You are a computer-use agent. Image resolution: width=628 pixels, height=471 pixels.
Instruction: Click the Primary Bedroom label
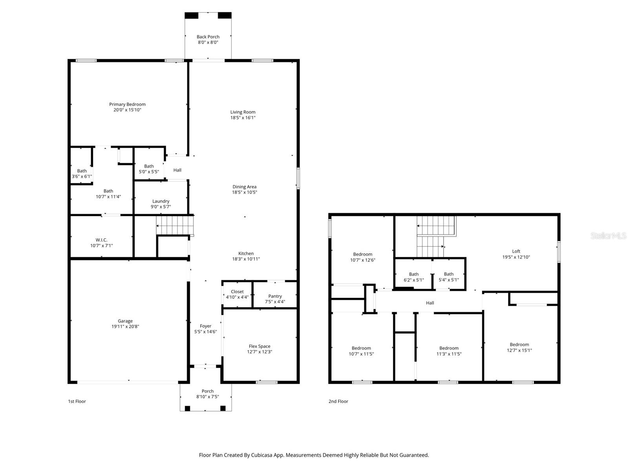127,104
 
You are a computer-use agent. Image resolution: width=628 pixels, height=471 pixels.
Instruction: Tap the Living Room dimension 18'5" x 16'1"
243,118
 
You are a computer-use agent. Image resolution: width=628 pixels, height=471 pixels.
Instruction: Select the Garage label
125,321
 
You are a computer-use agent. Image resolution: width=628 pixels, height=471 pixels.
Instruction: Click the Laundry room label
161,201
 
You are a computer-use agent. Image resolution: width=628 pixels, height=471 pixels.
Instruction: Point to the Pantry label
275,296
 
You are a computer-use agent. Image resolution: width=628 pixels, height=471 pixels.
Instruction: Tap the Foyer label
205,326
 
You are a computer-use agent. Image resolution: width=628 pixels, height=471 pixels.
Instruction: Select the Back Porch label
208,37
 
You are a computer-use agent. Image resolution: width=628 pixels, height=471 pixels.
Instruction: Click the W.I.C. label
101,240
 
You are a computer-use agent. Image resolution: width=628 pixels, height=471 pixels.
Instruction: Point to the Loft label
516,252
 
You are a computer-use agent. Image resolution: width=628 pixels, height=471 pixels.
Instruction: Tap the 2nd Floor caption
338,401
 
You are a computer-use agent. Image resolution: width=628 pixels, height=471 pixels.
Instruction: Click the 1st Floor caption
77,401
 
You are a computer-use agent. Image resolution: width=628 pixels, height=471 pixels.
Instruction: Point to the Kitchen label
246,254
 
